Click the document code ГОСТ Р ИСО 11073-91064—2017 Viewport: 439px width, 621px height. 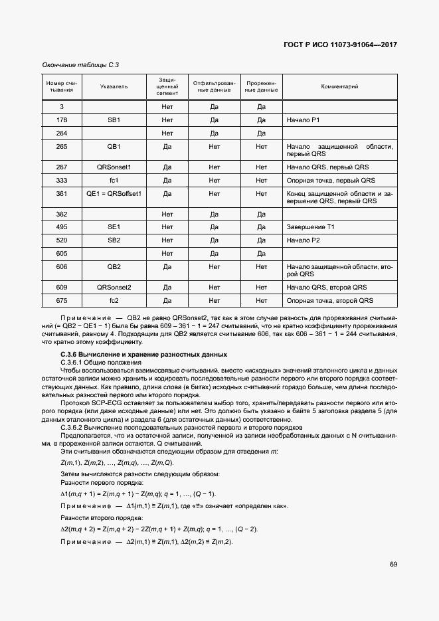(x=341, y=44)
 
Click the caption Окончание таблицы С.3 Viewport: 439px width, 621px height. (x=80, y=64)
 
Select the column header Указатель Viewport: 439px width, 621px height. (x=114, y=86)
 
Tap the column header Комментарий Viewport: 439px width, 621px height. (x=339, y=86)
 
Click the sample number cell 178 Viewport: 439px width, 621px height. (x=62, y=120)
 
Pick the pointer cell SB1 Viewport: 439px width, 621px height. (x=114, y=120)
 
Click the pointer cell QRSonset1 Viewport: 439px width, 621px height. (x=114, y=167)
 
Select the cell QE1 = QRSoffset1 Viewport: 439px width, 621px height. (x=114, y=193)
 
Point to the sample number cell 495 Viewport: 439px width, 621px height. (x=62, y=227)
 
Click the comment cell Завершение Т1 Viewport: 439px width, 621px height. (x=310, y=227)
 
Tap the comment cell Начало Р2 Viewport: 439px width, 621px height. (x=303, y=240)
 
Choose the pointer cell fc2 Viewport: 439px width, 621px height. (x=114, y=301)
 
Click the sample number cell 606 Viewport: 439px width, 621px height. (x=62, y=266)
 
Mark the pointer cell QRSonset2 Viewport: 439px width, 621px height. (x=114, y=288)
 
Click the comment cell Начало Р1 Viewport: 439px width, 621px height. (x=303, y=120)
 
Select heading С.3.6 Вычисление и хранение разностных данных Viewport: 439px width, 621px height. (x=143, y=355)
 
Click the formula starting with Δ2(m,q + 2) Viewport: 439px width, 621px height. (x=159, y=529)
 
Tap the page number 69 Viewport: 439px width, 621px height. (x=393, y=565)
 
